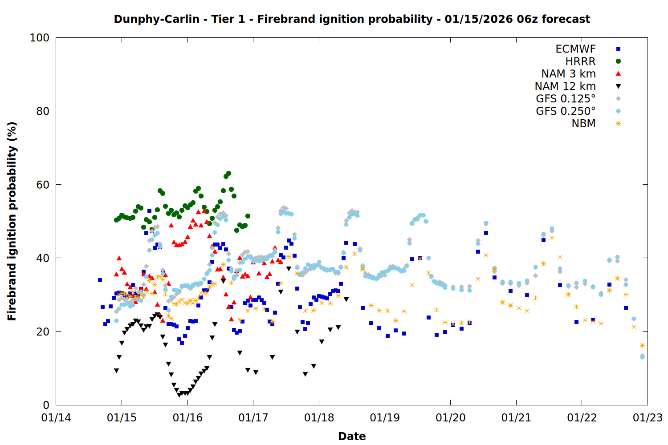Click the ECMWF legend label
(x=575, y=49)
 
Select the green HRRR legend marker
(x=618, y=61)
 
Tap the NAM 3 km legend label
(x=568, y=74)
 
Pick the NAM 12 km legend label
(x=565, y=86)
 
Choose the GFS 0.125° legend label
(x=566, y=99)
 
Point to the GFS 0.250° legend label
(x=566, y=111)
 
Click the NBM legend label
(x=583, y=124)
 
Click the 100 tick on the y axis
(x=40, y=38)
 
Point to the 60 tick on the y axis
(x=43, y=185)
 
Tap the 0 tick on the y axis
(x=46, y=405)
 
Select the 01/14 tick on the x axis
(x=56, y=418)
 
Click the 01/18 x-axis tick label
(x=319, y=418)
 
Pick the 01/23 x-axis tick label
(x=648, y=418)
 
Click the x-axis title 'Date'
(x=352, y=436)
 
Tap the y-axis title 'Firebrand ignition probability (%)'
(x=12, y=221)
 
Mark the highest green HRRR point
(x=228, y=173)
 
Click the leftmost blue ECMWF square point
(x=100, y=280)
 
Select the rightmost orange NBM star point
(x=642, y=345)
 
